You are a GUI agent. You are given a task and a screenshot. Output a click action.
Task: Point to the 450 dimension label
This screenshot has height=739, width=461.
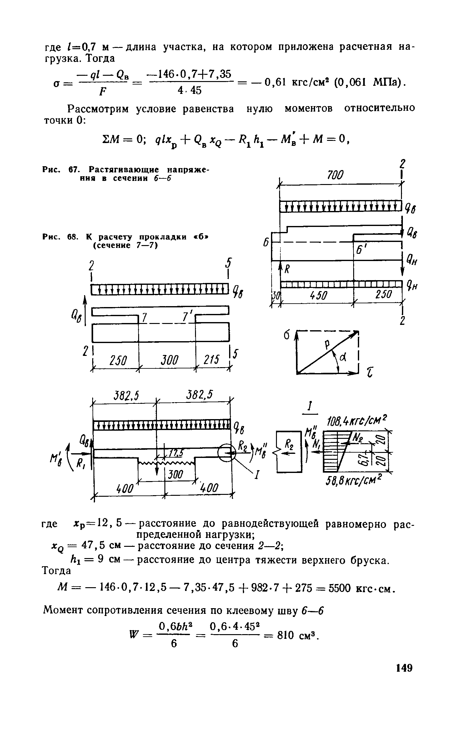[318, 294]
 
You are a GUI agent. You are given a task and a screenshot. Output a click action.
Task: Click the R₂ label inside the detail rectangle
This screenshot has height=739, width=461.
[289, 445]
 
